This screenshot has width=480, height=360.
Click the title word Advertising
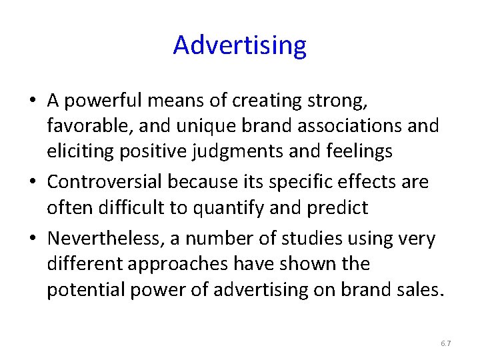[x=240, y=45]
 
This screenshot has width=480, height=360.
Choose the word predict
[x=337, y=207]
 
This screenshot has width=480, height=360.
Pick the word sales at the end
[x=418, y=290]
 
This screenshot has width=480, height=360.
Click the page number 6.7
[x=445, y=343]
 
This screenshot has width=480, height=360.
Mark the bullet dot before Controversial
[x=33, y=182]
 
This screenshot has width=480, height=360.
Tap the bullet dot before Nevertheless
[x=33, y=239]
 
